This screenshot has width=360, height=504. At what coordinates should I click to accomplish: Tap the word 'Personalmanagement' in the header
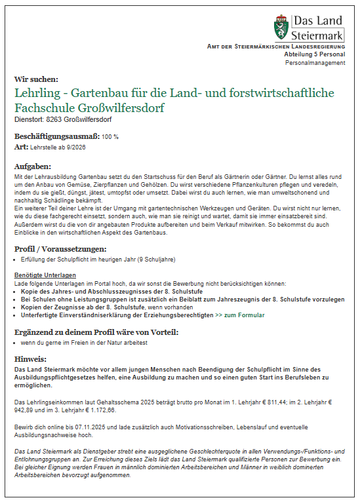315,63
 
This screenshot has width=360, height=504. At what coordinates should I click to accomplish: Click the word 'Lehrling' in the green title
37,94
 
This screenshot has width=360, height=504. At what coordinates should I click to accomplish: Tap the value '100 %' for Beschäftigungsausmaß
110,137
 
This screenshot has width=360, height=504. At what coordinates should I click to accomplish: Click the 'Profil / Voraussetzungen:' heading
60,249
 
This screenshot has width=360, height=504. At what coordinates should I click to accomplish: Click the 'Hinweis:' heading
31,359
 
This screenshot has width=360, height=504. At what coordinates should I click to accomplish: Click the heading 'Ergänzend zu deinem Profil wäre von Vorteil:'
96,332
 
